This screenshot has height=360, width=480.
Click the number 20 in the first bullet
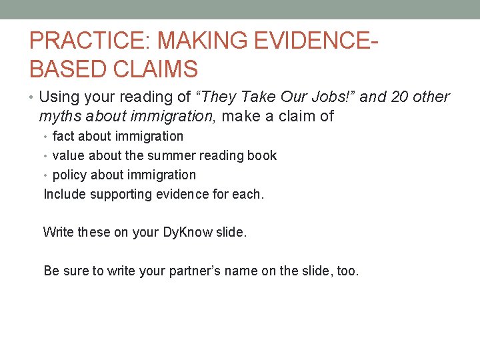pyautogui.click(x=400, y=97)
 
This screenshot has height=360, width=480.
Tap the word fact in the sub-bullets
pyautogui.click(x=63, y=137)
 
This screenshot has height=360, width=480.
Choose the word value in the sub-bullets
pyautogui.click(x=68, y=156)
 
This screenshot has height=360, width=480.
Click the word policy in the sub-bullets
pyautogui.click(x=69, y=175)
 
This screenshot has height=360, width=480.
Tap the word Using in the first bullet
pyautogui.click(x=59, y=97)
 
